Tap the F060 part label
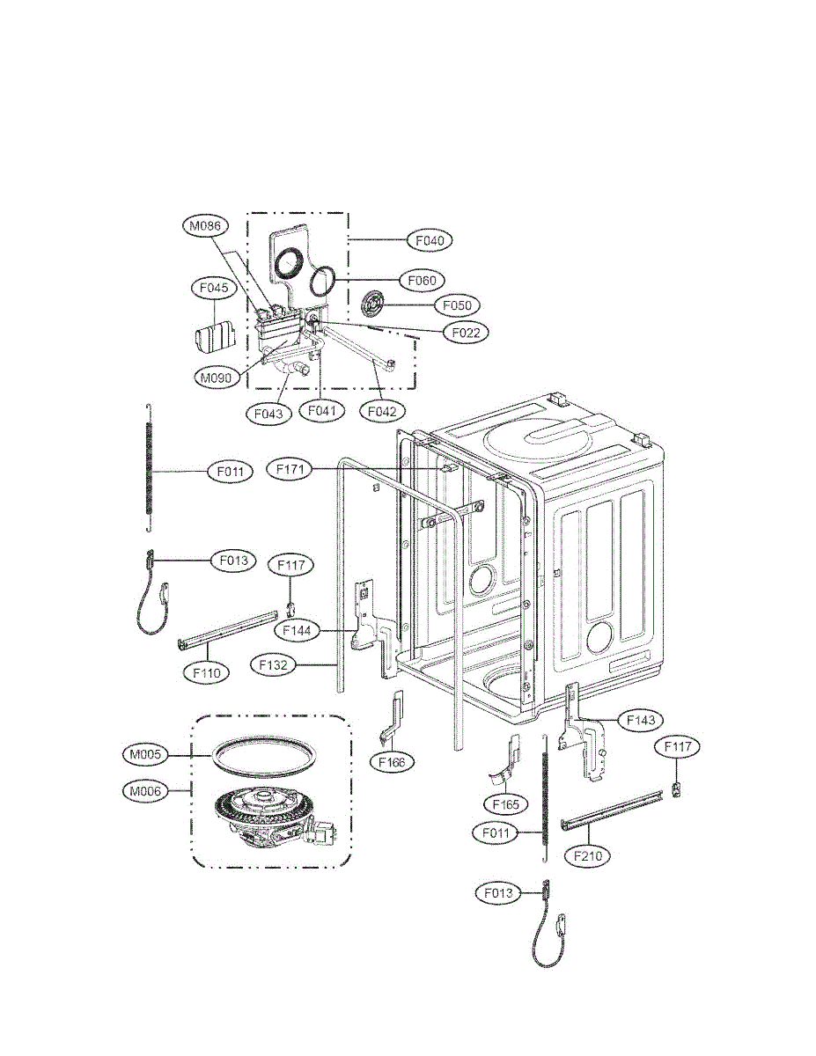click(423, 280)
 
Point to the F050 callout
click(457, 305)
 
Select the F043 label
click(269, 413)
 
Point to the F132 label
click(274, 665)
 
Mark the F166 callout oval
click(392, 762)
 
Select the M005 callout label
click(144, 754)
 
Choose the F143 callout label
click(640, 720)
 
